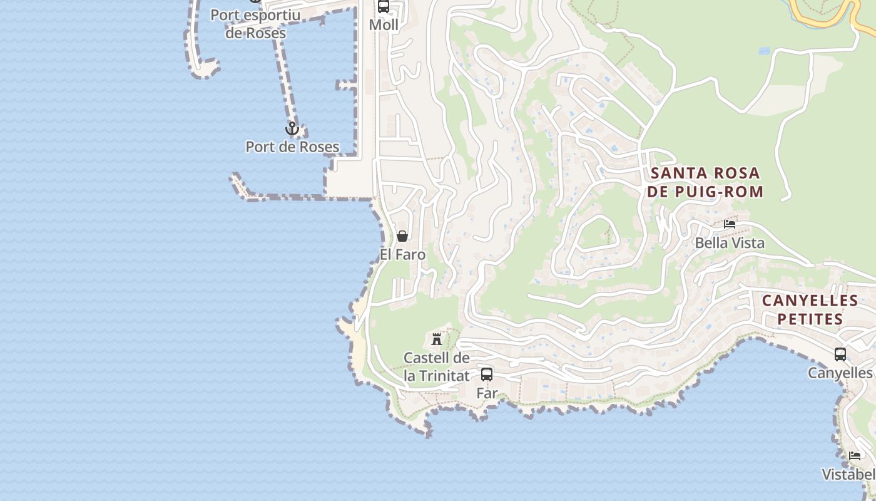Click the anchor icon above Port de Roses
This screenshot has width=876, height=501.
[292, 129]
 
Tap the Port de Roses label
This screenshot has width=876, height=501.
[292, 147]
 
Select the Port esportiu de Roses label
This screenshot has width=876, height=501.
[255, 24]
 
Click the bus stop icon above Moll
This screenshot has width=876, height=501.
[384, 7]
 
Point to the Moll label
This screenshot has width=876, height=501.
[384, 25]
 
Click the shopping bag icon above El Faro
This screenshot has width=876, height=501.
[402, 236]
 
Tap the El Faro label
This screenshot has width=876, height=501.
[402, 255]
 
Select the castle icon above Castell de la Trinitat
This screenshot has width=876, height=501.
[437, 339]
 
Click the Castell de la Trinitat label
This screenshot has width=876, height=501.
[437, 367]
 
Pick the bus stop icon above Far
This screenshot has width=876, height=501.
[487, 374]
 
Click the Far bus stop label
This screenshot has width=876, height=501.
[487, 393]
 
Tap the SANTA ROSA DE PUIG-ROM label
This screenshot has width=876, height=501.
[705, 182]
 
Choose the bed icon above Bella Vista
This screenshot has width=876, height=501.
[730, 224]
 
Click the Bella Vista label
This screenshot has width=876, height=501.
[730, 243]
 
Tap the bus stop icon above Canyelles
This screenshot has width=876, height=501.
[840, 354]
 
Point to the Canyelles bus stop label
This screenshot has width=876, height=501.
[840, 373]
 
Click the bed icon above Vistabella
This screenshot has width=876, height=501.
[855, 455]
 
